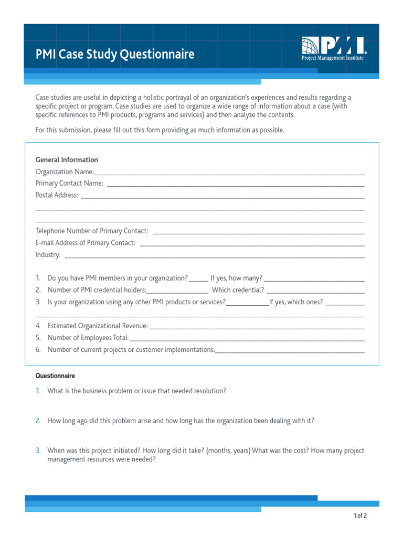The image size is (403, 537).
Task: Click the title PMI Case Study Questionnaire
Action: tap(115, 55)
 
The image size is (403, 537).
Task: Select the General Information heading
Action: tap(67, 160)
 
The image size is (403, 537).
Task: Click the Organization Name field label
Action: tap(65, 172)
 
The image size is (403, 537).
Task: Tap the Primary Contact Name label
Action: tap(69, 184)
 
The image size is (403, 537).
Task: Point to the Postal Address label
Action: tap(57, 195)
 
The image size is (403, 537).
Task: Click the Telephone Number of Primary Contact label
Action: tap(92, 231)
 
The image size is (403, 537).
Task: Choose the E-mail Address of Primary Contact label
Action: tap(86, 243)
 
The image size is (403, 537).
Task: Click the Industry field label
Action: tap(48, 255)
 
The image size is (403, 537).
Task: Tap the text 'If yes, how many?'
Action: tap(236, 278)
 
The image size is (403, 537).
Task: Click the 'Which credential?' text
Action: tap(238, 290)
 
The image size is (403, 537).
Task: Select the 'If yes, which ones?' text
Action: tap(296, 302)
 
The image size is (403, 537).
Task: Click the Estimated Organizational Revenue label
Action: tap(98, 326)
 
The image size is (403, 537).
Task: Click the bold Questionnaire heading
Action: tap(55, 376)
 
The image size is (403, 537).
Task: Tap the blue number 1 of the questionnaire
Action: tap(38, 391)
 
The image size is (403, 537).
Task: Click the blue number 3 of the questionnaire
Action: tap(38, 450)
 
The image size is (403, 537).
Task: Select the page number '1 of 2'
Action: tap(360, 516)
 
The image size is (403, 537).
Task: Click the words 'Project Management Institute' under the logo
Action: tap(332, 58)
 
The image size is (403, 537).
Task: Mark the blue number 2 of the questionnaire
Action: tap(38, 421)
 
